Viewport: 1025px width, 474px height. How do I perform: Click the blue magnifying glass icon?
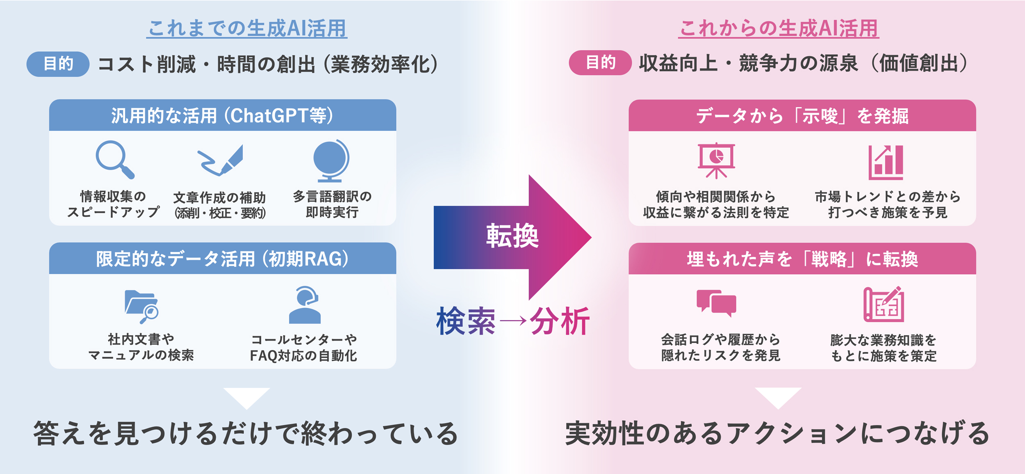coord(114,159)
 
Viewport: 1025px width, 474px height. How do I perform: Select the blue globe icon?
coord(331,160)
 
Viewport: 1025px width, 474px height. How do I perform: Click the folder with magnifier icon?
coord(141,306)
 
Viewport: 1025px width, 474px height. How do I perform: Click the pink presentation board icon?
coord(716,160)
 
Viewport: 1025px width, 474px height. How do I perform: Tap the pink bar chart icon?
coord(886,163)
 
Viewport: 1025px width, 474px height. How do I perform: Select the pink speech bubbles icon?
coord(716,303)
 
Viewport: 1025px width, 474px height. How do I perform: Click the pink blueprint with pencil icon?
coord(884,304)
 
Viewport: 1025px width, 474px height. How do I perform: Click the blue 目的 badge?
coord(58,64)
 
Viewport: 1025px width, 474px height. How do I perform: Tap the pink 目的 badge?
coord(600,63)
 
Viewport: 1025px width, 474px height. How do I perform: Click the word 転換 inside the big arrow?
coord(512,236)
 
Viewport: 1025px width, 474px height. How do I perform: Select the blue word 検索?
coord(466,321)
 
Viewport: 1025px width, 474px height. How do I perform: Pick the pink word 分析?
coord(560,321)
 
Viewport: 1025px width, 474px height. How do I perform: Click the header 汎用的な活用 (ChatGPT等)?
coord(222,116)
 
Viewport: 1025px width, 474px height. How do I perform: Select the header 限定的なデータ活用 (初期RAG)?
coord(222,259)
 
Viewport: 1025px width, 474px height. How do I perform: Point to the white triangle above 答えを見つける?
coord(247,396)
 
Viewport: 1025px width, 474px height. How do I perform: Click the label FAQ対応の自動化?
coord(303,355)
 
